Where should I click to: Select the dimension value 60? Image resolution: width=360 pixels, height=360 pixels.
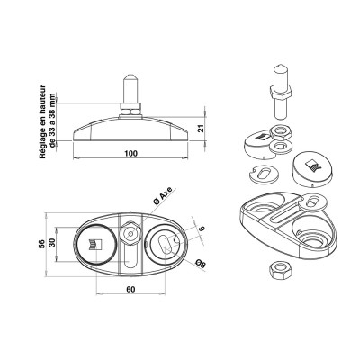[131, 290]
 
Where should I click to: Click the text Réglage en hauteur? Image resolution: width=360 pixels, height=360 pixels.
[42, 125]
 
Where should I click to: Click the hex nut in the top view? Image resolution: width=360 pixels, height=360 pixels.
[131, 233]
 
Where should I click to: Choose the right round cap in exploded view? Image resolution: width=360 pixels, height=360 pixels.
[311, 166]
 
